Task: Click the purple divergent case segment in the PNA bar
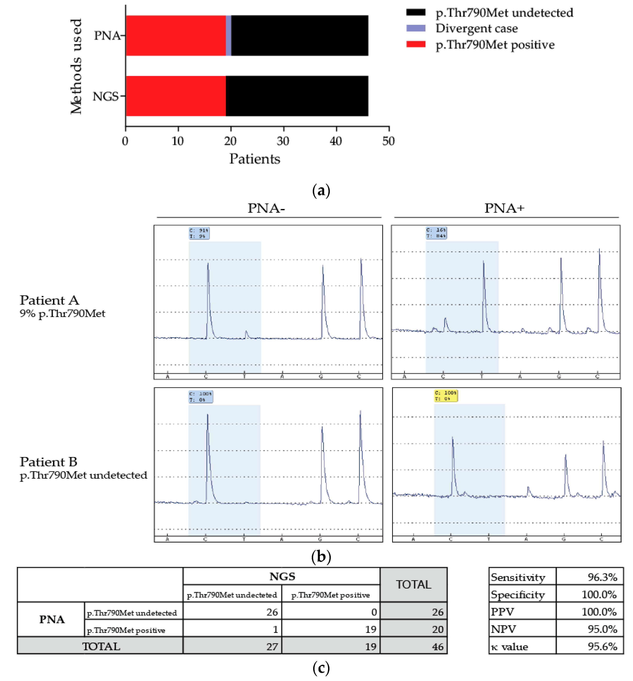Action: [229, 36]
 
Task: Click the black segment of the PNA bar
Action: [299, 36]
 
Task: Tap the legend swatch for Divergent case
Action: [415, 28]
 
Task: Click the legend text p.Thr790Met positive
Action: [495, 44]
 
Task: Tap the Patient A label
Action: [49, 300]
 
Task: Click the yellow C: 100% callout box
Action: [446, 395]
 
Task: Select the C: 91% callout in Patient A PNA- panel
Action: [199, 233]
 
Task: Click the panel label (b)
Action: [321, 556]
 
